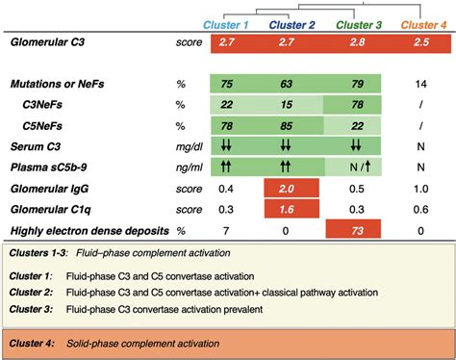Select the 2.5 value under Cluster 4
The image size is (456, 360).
point(418,44)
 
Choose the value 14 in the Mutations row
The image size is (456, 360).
point(418,85)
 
